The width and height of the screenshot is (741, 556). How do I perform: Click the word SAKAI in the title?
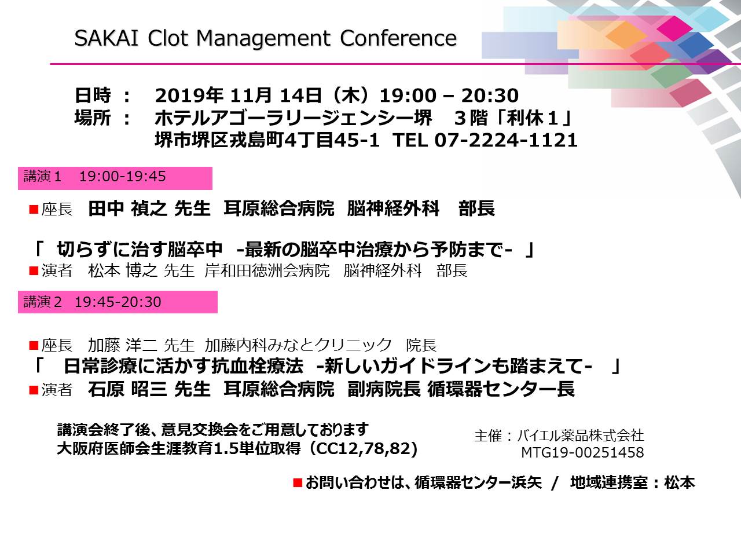(107, 38)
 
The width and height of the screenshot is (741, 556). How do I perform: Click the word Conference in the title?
(398, 38)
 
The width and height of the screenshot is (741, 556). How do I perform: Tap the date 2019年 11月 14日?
(238, 95)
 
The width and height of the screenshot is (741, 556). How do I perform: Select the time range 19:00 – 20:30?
(449, 96)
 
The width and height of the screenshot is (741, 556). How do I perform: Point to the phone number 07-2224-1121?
(506, 140)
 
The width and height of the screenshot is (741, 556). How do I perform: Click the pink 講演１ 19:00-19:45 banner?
(115, 178)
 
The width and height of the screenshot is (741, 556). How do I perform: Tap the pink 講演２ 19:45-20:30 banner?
(118, 302)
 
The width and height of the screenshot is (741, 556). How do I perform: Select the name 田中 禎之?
(127, 209)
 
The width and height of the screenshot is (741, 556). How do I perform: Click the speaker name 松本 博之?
(123, 270)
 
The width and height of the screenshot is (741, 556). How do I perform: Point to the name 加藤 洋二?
(123, 345)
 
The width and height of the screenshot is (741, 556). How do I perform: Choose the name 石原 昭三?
(127, 389)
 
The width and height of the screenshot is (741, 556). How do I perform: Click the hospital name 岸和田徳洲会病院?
(267, 270)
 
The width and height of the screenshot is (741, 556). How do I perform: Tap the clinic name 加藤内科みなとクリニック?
(298, 345)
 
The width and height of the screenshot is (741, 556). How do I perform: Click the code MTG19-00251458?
(582, 452)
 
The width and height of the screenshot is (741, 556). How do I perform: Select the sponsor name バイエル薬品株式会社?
(580, 436)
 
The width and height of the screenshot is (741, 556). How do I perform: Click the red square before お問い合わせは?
(298, 482)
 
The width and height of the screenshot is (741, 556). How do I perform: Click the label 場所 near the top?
(93, 118)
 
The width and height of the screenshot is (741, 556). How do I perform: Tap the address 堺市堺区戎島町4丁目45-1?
(267, 140)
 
